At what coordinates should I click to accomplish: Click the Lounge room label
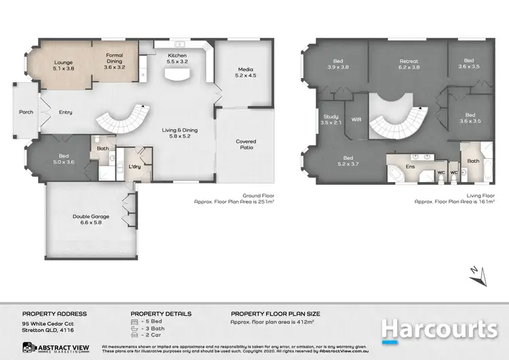(63, 66)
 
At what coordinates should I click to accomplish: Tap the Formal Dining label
(115, 62)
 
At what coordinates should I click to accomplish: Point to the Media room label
(245, 73)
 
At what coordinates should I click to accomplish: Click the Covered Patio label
(246, 145)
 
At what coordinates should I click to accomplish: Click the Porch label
(26, 112)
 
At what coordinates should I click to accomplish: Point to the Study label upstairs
(331, 120)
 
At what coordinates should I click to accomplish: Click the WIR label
(356, 120)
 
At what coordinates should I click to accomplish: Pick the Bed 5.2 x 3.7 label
(347, 161)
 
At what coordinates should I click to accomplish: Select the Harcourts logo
(439, 329)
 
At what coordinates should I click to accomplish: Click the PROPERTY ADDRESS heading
(54, 314)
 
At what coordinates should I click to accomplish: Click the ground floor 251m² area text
(234, 202)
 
